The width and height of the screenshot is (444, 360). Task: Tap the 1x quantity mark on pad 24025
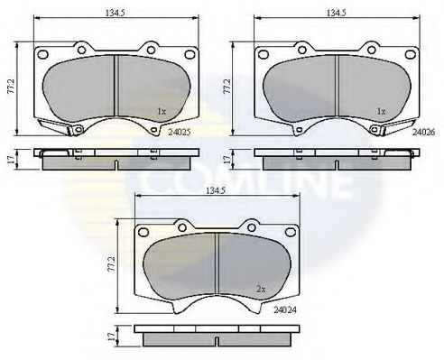(x=161, y=111)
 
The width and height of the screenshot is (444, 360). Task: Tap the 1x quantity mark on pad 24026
(x=381, y=111)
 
